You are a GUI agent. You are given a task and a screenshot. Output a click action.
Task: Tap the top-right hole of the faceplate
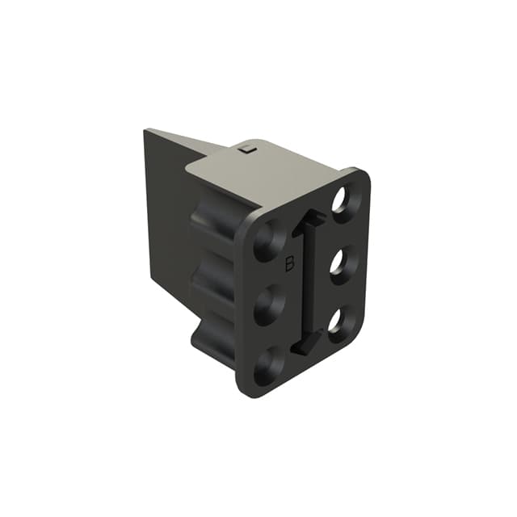[342, 199]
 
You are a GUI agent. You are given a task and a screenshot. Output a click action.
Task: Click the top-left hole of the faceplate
[269, 242]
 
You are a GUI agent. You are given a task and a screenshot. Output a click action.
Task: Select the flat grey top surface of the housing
[267, 174]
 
